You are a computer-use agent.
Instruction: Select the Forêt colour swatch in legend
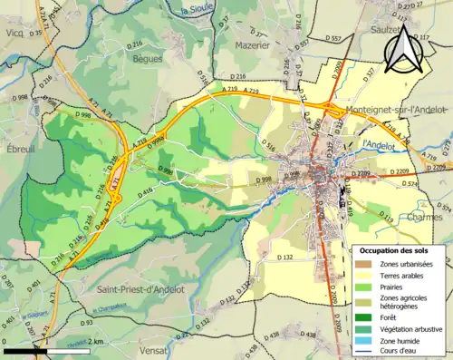point(363,316)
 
